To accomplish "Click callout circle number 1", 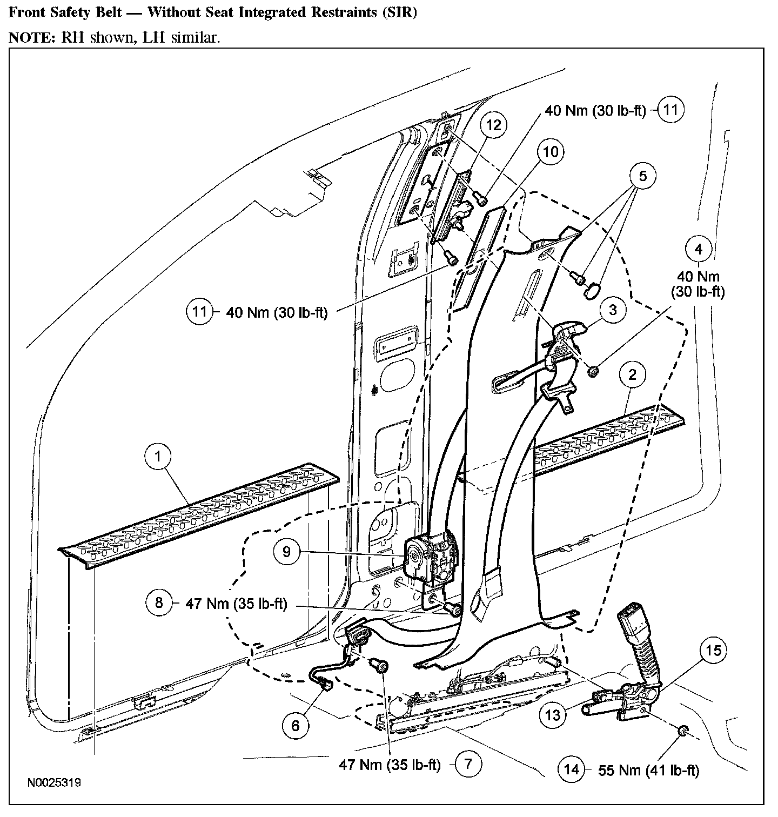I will [x=158, y=457].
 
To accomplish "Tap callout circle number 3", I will [x=613, y=310].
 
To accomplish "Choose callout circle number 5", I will [x=642, y=176].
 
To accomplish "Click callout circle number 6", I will [x=295, y=725].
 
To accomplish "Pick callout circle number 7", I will [x=468, y=764].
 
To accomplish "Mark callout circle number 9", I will [x=286, y=551].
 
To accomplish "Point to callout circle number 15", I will [x=713, y=650].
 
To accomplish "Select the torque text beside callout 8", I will [x=237, y=603].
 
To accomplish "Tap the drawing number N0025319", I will [x=52, y=782].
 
